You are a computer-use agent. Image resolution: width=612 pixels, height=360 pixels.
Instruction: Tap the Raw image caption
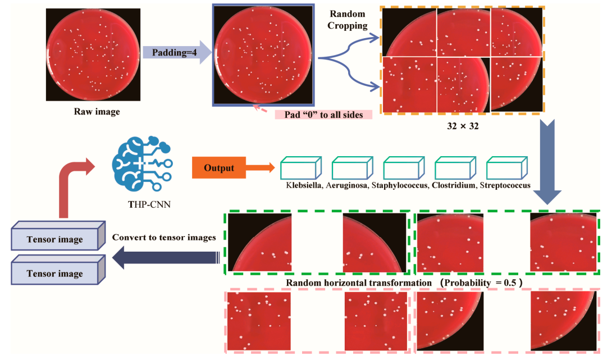click(x=97, y=112)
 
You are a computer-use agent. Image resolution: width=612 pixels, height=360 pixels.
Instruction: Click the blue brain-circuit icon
click(x=140, y=165)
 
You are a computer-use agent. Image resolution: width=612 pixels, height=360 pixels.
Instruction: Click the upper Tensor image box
click(x=55, y=239)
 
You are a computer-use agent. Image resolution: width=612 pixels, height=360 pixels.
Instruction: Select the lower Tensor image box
click(x=55, y=274)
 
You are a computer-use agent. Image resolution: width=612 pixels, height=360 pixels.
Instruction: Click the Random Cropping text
click(x=348, y=20)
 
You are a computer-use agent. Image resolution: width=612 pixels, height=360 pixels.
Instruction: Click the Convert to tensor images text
click(x=164, y=238)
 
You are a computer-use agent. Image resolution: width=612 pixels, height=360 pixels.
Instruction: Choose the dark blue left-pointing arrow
click(x=166, y=257)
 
